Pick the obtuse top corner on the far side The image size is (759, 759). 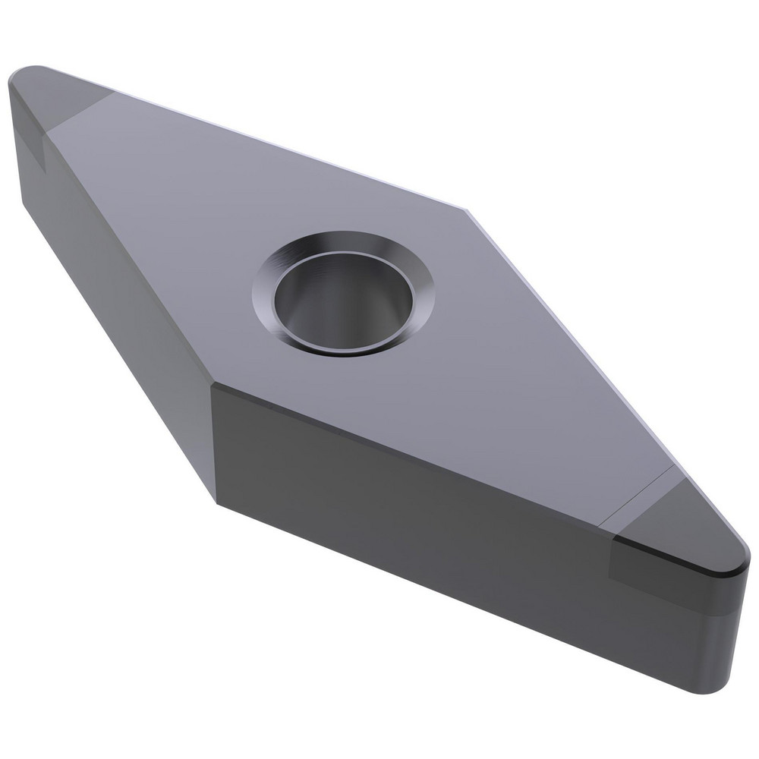coord(465,206)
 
